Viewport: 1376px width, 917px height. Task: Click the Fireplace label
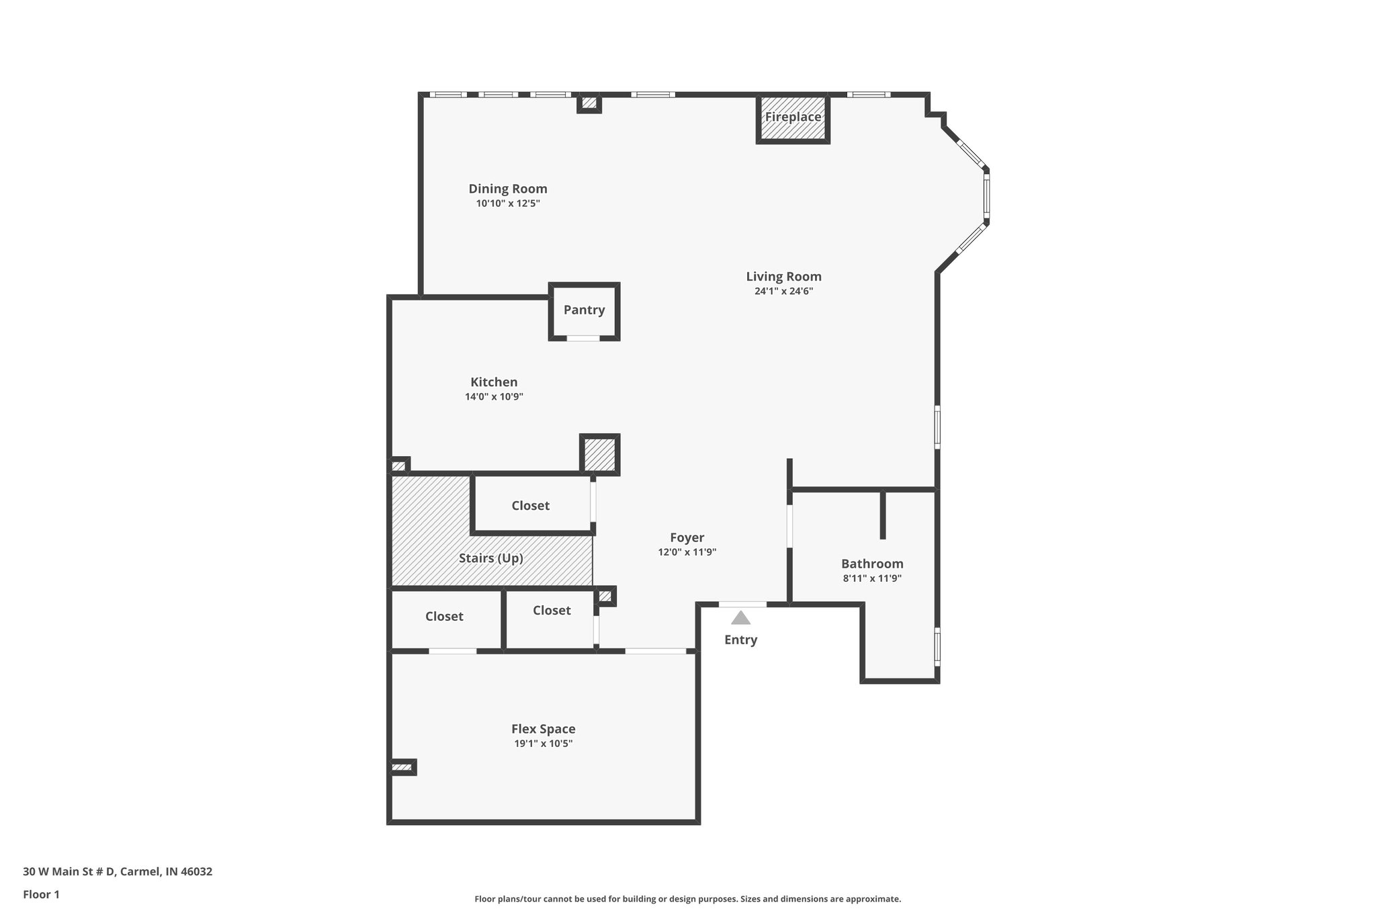pyautogui.click(x=793, y=117)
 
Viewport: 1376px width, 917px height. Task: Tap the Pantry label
pyautogui.click(x=584, y=310)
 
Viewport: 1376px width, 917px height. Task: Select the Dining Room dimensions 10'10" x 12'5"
pyautogui.click(x=508, y=204)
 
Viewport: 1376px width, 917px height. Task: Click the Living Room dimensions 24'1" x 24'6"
pyautogui.click(x=783, y=292)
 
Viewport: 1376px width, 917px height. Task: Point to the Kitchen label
pyautogui.click(x=494, y=382)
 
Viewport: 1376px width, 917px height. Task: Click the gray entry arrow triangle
pyautogui.click(x=740, y=618)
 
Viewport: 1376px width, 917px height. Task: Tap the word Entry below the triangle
pyautogui.click(x=740, y=640)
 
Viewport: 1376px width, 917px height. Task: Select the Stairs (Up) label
pyautogui.click(x=490, y=558)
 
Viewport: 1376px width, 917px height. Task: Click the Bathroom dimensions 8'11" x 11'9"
pyautogui.click(x=872, y=578)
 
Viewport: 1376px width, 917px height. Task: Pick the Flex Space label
pyautogui.click(x=543, y=729)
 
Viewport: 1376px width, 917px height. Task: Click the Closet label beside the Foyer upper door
pyautogui.click(x=530, y=506)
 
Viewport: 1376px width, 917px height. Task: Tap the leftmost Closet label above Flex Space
pyautogui.click(x=444, y=617)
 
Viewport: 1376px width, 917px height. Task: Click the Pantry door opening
pyautogui.click(x=583, y=339)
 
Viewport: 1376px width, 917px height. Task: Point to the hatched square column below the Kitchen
pyautogui.click(x=599, y=455)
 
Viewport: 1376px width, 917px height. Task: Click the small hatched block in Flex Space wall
pyautogui.click(x=402, y=767)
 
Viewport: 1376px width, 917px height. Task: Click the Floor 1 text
pyautogui.click(x=41, y=895)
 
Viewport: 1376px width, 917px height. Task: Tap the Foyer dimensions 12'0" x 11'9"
pyautogui.click(x=687, y=552)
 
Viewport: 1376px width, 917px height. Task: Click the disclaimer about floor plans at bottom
pyautogui.click(x=687, y=899)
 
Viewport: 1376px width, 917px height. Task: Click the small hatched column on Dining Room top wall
pyautogui.click(x=589, y=103)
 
